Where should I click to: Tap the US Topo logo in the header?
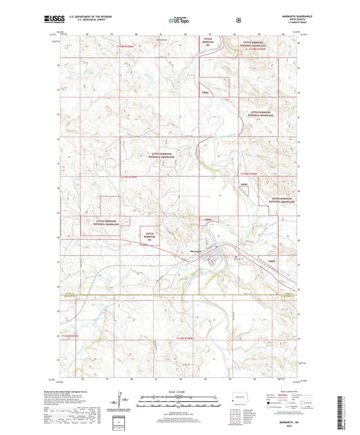click(x=179, y=20)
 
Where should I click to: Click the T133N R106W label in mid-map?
click(x=132, y=178)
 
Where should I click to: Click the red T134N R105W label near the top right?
click(x=259, y=49)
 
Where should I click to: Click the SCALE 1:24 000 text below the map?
click(x=179, y=392)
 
